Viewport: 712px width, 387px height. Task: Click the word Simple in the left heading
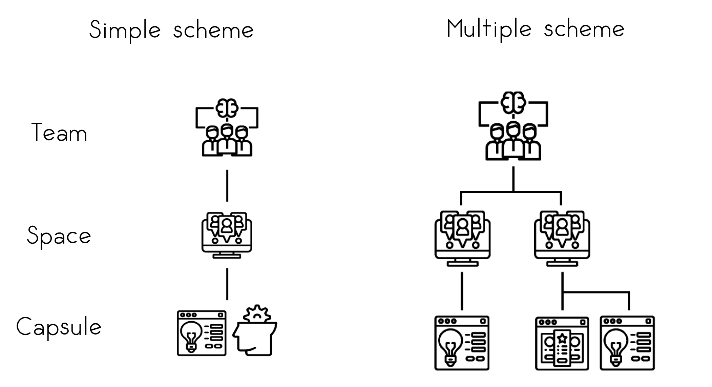[x=125, y=30]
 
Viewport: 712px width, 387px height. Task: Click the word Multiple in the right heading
[x=489, y=29]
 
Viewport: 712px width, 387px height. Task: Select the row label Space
[x=59, y=236]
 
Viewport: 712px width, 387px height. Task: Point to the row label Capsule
[x=59, y=327]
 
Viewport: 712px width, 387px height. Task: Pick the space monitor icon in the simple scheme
[x=227, y=235]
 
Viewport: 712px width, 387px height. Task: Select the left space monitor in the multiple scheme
[x=462, y=239]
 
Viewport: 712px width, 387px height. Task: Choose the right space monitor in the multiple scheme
[x=562, y=239]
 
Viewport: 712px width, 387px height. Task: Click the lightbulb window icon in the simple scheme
[x=202, y=333]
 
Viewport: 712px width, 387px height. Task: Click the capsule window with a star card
[x=562, y=343]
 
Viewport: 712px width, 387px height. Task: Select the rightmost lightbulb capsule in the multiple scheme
[x=627, y=343]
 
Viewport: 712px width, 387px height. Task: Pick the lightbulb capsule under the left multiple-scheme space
[x=462, y=343]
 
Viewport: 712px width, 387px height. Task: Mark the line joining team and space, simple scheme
[x=227, y=186]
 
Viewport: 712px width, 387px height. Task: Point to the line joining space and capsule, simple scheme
[x=227, y=284]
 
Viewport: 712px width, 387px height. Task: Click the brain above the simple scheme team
[x=227, y=108]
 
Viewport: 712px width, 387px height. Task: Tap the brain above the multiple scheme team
[x=513, y=103]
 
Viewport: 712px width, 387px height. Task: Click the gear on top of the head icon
[x=257, y=314]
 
